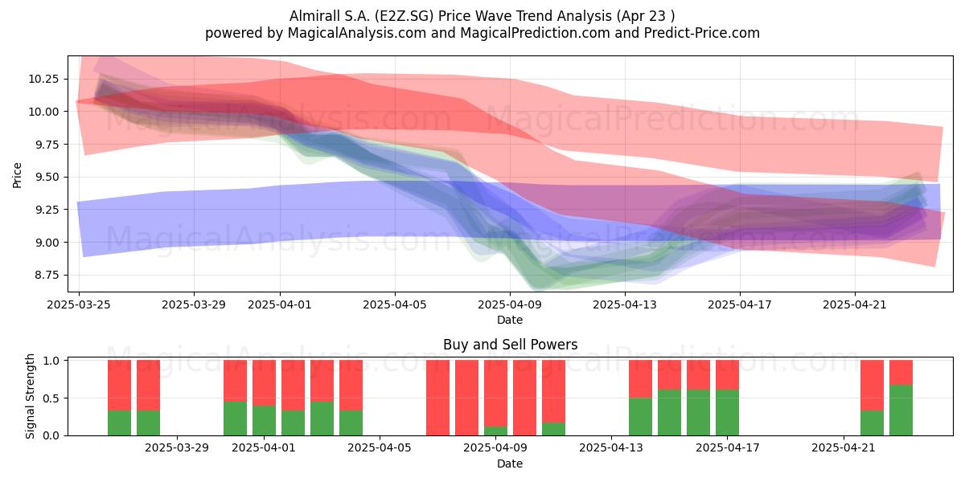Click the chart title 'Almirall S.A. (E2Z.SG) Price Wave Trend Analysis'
coord(450,16)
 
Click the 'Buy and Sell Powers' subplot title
coord(510,345)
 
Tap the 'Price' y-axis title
coord(17,175)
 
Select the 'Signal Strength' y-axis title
coord(30,396)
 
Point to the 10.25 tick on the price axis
coord(43,80)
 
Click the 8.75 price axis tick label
coord(47,275)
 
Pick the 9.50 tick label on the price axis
coord(47,177)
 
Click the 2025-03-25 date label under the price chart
coord(79,304)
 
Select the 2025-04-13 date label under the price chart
coord(625,304)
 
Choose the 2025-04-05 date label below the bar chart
coord(380,448)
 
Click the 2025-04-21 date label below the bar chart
coord(844,448)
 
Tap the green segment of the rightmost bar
coord(901,411)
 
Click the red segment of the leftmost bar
coord(119,385)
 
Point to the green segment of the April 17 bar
coord(727,413)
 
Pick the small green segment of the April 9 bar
coord(495,431)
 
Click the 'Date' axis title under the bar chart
coord(510,464)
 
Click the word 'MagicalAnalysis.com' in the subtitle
coord(357,33)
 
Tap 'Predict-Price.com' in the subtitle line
coord(702,33)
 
